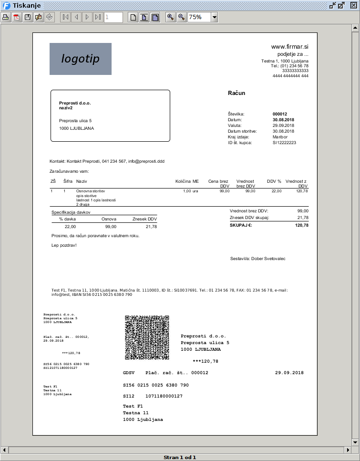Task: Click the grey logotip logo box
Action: click(81, 59)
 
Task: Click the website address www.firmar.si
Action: click(290, 47)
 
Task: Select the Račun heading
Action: click(237, 93)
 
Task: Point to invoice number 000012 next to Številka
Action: click(280, 114)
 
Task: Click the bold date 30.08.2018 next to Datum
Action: click(283, 120)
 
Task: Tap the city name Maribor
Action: click(281, 137)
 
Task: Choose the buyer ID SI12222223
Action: click(284, 143)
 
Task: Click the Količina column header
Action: click(183, 181)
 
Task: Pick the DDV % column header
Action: click(274, 181)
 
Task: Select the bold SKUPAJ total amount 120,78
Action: click(302, 225)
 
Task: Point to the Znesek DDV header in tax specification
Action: click(144, 219)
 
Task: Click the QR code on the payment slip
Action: click(147, 337)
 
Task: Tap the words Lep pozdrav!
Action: click(63, 245)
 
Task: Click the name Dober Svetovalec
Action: click(268, 259)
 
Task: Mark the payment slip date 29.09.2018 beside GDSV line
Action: click(289, 373)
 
